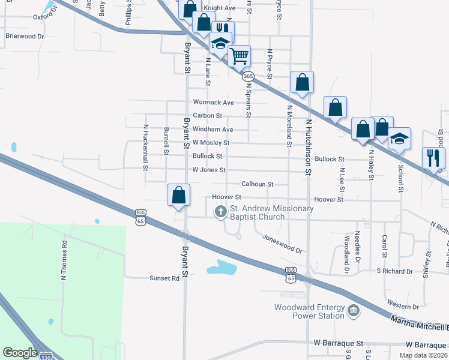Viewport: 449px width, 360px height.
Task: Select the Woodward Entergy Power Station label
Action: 309,312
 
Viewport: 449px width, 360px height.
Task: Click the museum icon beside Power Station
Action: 354,310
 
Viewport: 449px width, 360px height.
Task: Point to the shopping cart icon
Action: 240,56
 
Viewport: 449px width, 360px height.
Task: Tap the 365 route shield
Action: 248,76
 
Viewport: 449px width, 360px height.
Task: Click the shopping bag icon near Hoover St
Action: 178,195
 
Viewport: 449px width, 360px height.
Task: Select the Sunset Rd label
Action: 164,278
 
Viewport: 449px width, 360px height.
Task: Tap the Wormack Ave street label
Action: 213,103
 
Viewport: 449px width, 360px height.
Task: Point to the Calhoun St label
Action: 257,184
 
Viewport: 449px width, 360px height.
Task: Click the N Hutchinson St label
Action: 309,147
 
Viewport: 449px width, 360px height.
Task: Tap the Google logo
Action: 20,353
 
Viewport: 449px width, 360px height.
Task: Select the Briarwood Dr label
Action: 25,36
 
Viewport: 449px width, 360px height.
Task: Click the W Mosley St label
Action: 211,143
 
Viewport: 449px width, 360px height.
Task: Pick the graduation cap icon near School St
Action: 399,139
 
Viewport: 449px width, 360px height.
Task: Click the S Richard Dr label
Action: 394,271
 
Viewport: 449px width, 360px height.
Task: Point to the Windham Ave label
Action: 212,130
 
